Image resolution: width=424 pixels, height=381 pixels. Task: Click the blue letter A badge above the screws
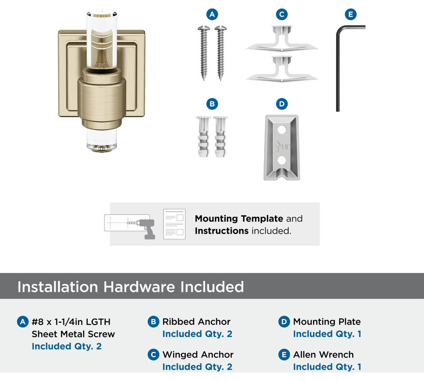(x=212, y=14)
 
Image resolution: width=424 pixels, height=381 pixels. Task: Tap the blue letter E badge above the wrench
(x=351, y=14)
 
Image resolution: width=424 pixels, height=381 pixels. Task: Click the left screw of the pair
(x=203, y=53)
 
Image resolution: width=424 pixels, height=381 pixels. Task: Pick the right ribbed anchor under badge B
(x=221, y=137)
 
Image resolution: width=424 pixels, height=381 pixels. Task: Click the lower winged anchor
(x=281, y=69)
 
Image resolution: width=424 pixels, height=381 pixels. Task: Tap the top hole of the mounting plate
(x=282, y=130)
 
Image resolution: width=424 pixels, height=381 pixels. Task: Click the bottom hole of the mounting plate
(x=282, y=160)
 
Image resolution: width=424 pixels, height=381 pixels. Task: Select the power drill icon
(x=146, y=229)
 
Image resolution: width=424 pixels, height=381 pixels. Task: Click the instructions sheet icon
(x=174, y=224)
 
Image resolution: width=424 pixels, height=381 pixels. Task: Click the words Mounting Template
(x=239, y=218)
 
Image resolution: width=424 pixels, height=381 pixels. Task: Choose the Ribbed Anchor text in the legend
(x=196, y=321)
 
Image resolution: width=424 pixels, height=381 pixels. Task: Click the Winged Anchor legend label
(x=198, y=354)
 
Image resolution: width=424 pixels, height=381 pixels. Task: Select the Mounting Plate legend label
(x=327, y=321)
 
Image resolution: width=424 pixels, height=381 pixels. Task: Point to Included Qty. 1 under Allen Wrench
(x=327, y=367)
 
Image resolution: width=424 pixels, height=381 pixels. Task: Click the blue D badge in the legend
(x=284, y=322)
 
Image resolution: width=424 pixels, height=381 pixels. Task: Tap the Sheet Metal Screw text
(x=73, y=334)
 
